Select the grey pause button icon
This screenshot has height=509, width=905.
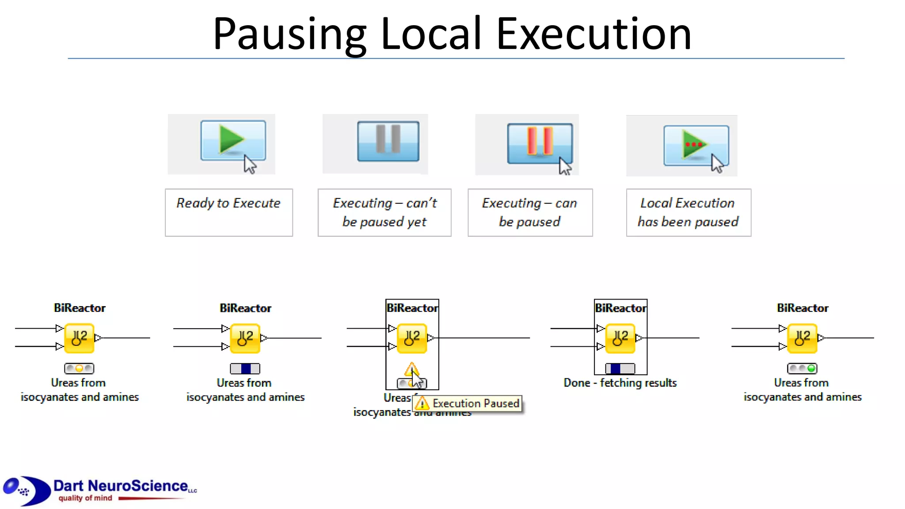tap(388, 141)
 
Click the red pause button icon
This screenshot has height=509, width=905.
tap(540, 142)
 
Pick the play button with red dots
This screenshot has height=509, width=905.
tap(696, 145)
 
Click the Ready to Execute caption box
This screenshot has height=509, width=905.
tap(228, 212)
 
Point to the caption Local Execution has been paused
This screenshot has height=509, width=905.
tap(688, 212)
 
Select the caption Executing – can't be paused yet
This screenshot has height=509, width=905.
tap(384, 212)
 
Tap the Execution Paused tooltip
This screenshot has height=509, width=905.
tap(475, 403)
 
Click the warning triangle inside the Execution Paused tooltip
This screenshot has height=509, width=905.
tap(422, 403)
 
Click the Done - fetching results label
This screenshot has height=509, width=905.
tap(620, 383)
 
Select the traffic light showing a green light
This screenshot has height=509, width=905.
tap(802, 368)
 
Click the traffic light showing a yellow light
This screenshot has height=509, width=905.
tap(79, 368)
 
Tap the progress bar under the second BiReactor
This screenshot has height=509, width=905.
tap(245, 368)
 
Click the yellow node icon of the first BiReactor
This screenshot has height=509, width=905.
tap(79, 338)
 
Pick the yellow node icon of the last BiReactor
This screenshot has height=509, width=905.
tap(802, 338)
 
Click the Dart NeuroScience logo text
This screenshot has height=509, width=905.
tap(121, 486)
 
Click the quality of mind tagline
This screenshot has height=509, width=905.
tap(85, 498)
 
